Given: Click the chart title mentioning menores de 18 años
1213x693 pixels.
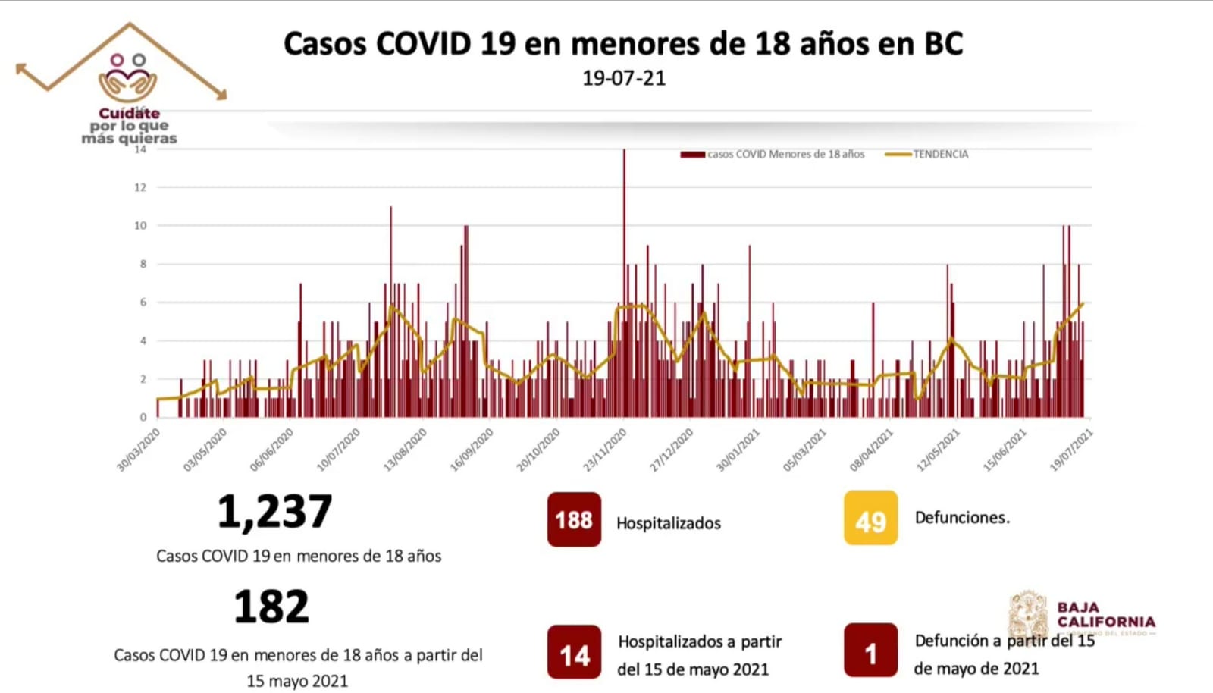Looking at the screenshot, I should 623,44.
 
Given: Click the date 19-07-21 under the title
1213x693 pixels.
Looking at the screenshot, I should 623,78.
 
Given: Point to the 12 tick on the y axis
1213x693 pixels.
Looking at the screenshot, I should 139,187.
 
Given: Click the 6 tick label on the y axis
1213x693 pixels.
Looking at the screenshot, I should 142,303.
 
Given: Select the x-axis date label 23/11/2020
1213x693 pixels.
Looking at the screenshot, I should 605,450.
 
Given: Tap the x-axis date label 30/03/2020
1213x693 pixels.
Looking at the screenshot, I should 139,450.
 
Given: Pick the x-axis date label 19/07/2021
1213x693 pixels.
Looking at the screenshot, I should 1071,450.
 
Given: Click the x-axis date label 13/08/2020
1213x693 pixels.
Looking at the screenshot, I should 406,450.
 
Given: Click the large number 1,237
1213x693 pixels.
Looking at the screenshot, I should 274,512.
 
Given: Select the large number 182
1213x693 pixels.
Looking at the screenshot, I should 271,607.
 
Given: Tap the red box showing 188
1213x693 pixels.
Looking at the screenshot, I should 574,520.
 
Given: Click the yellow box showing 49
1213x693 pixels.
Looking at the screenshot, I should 870,519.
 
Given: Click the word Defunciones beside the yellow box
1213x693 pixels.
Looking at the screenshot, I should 962,518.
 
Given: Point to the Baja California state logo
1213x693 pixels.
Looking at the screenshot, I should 1081,615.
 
